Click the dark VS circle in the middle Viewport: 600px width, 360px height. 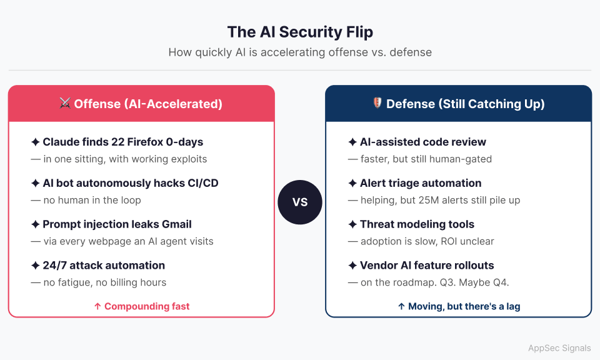[x=300, y=202]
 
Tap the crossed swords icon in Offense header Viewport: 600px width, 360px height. [x=65, y=104]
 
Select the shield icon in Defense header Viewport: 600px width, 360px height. [x=377, y=104]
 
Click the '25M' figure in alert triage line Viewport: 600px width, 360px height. [x=444, y=200]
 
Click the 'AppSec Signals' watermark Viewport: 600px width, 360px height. [x=559, y=348]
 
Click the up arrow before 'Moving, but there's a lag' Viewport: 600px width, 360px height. [x=401, y=306]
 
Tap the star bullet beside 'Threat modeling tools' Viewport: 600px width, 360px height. [x=352, y=224]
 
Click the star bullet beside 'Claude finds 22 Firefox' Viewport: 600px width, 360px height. [x=36, y=142]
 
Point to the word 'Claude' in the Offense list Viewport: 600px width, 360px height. [x=61, y=142]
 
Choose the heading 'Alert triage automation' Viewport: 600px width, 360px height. [x=420, y=183]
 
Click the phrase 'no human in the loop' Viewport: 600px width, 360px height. [x=92, y=200]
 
